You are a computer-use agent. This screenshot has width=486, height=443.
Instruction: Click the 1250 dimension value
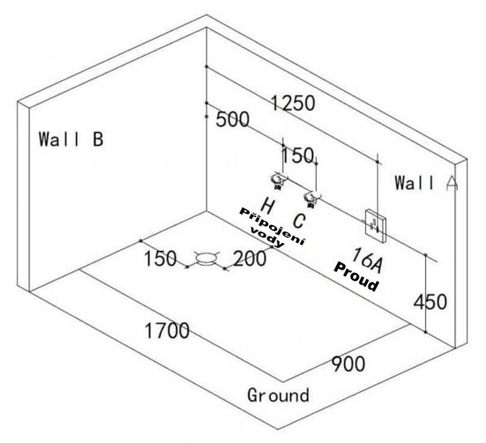tap(293, 103)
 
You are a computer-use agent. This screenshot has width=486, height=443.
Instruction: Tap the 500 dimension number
tap(232, 119)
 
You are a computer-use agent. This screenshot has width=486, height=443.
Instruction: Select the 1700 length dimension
tap(167, 330)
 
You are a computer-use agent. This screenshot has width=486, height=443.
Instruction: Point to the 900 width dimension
tap(348, 364)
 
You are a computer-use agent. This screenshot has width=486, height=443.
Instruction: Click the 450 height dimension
tap(431, 302)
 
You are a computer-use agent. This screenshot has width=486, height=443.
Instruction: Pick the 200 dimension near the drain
tap(249, 258)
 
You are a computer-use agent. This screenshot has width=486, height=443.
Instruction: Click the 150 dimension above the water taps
tap(297, 155)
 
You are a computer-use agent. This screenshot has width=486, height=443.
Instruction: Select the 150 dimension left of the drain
tap(160, 258)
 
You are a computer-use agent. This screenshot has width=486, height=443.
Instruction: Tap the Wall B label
tap(71, 138)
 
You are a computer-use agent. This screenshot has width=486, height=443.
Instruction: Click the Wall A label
tap(427, 182)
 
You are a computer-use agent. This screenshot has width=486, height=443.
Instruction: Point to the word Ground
tap(279, 395)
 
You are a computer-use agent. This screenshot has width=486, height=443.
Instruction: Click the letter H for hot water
tap(267, 206)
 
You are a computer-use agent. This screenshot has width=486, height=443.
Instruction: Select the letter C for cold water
tap(299, 221)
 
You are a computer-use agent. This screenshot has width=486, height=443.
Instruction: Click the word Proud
tap(356, 276)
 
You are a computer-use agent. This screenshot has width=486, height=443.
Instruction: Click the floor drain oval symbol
tap(206, 258)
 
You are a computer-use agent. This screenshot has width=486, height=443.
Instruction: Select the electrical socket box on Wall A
tap(376, 226)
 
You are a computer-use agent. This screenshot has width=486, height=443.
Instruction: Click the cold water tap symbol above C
tap(312, 199)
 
